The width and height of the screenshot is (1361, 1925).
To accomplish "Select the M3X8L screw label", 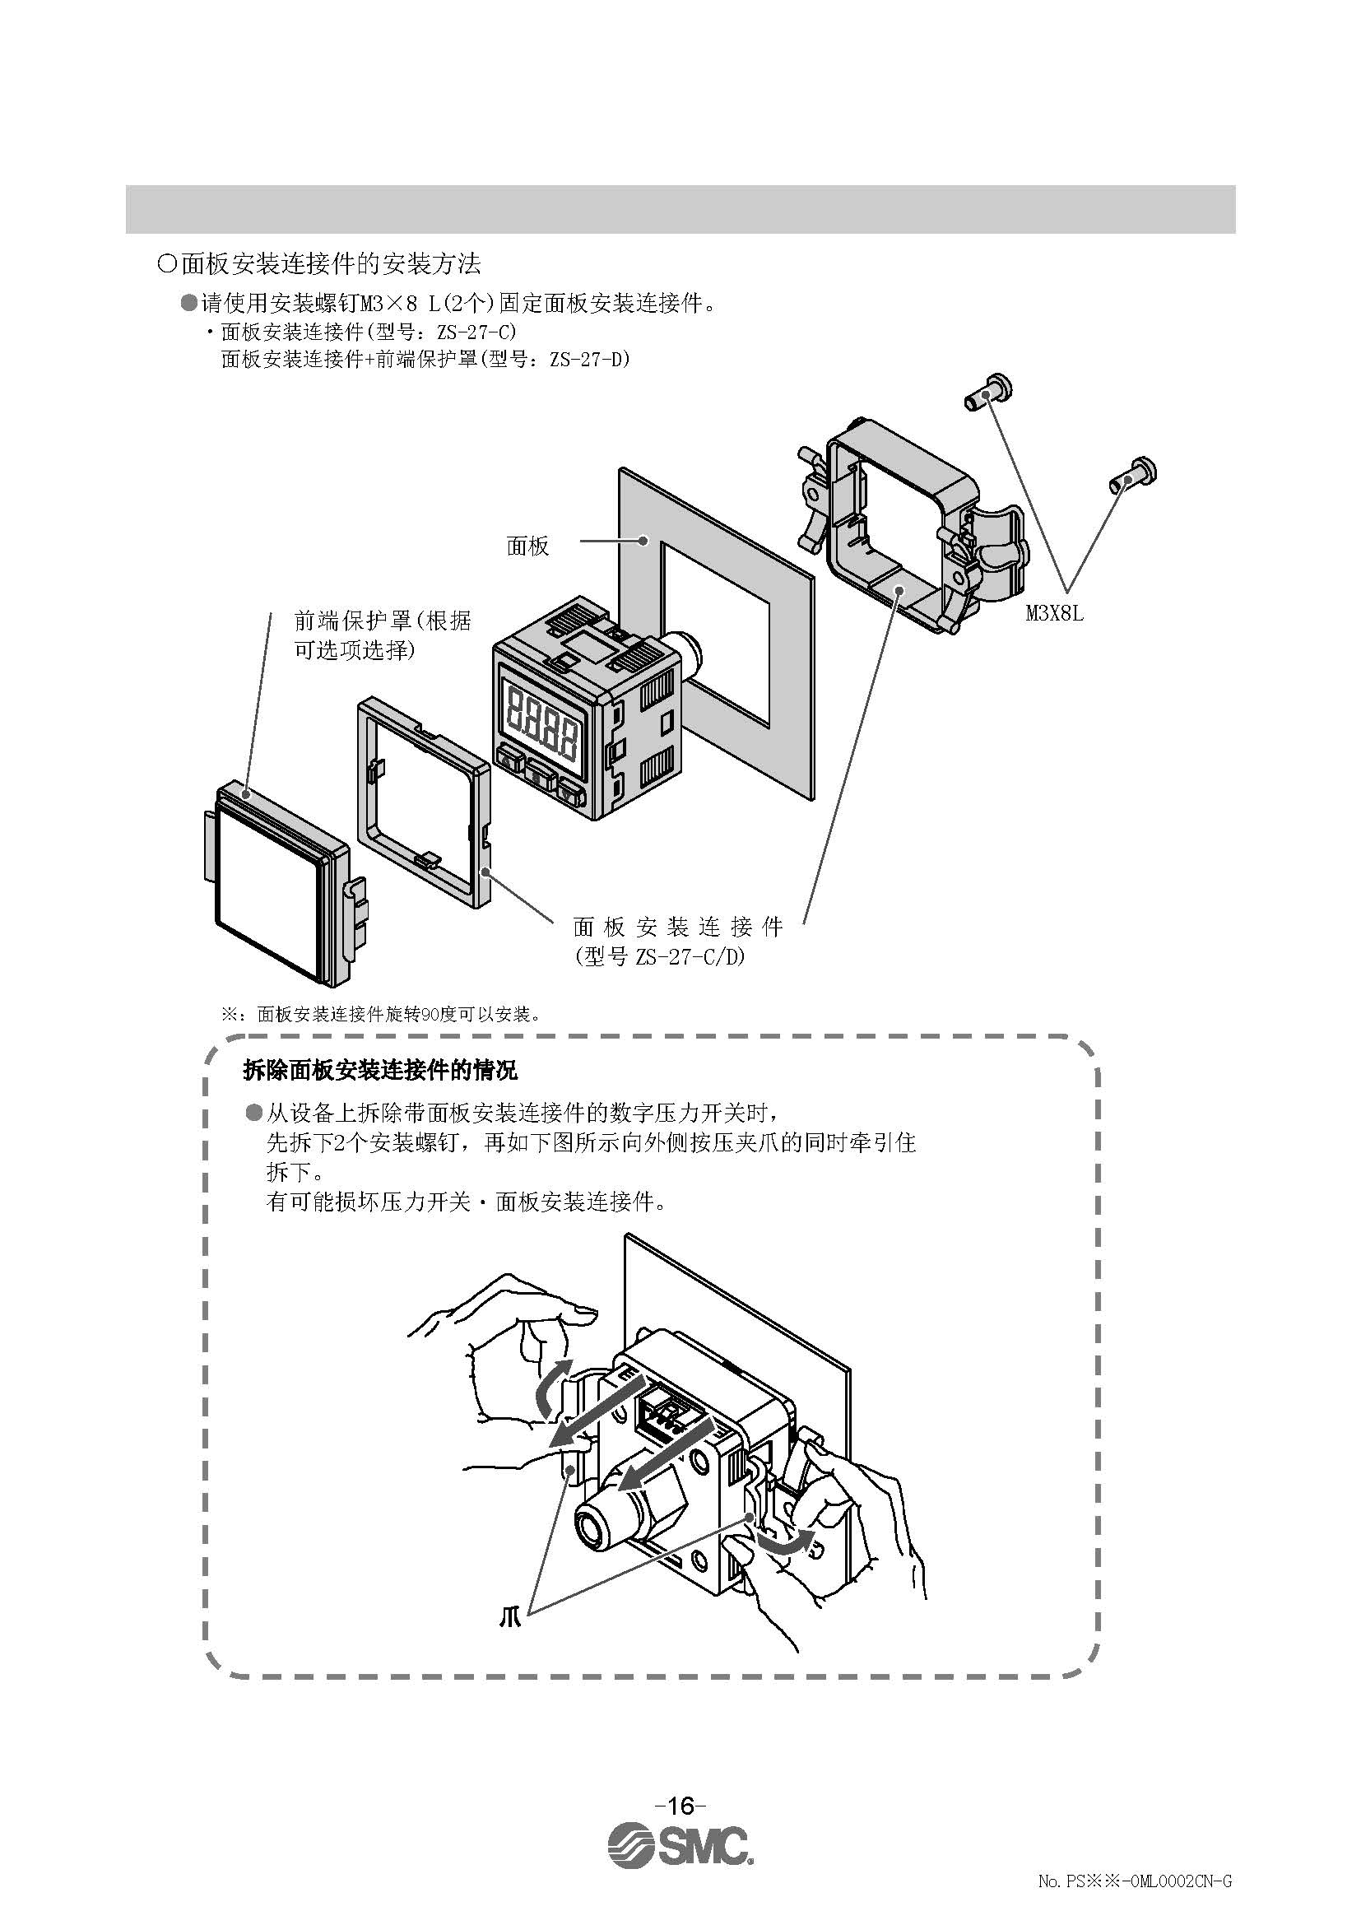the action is pyautogui.click(x=1054, y=613).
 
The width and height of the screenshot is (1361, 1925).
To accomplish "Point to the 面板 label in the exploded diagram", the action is pyautogui.click(x=528, y=546).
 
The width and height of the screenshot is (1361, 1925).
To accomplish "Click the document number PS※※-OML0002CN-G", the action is pyautogui.click(x=1135, y=1898).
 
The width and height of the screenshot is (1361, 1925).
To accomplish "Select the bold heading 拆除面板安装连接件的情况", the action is pyautogui.click(x=379, y=1070).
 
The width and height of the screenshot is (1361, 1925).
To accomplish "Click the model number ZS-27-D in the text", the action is pyautogui.click(x=589, y=360).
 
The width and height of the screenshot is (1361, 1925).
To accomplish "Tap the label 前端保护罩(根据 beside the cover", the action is pyautogui.click(x=382, y=621).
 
